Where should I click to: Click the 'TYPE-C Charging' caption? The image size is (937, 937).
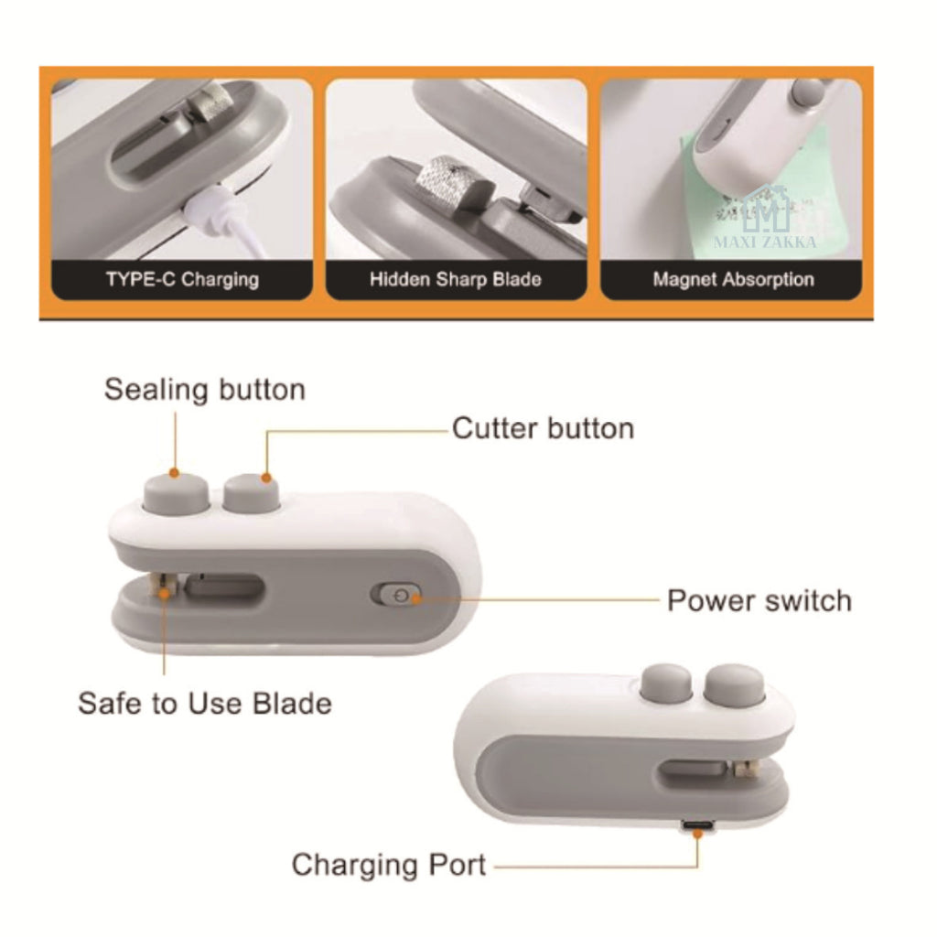(x=181, y=279)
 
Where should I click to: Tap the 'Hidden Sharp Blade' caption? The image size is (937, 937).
(x=455, y=279)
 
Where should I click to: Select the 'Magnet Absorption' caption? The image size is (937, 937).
(x=732, y=279)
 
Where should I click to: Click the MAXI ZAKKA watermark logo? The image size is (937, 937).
(x=767, y=220)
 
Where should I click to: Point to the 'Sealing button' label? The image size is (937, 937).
(x=204, y=390)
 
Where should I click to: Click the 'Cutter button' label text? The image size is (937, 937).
(x=543, y=428)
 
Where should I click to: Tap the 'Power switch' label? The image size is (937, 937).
(x=759, y=601)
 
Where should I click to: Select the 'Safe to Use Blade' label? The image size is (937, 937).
(x=204, y=704)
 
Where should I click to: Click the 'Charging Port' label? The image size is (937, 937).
(x=389, y=864)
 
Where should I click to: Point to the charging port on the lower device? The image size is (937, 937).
(x=696, y=828)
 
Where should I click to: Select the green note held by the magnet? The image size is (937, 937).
(x=750, y=192)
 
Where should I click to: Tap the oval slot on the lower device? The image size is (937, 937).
(x=693, y=772)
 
